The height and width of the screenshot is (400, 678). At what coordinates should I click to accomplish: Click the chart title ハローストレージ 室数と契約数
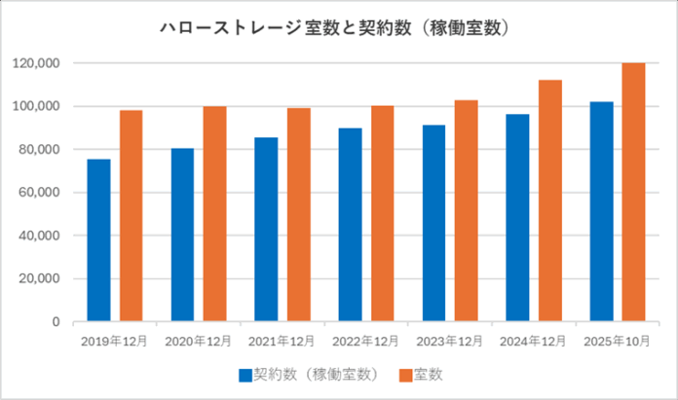point(337,29)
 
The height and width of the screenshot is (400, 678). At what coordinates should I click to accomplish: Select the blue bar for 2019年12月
point(98,239)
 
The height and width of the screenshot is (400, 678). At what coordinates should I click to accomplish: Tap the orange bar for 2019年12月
point(131,215)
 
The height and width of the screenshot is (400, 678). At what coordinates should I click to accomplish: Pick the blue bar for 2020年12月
point(182,235)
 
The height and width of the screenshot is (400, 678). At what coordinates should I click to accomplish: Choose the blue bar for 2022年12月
point(350,225)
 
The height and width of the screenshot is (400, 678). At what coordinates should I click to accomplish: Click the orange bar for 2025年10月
point(634,192)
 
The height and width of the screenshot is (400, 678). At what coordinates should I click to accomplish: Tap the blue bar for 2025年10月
point(602,211)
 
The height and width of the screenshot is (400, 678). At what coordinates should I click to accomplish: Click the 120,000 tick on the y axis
point(38,63)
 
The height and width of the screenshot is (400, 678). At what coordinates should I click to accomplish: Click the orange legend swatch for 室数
point(403,374)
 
